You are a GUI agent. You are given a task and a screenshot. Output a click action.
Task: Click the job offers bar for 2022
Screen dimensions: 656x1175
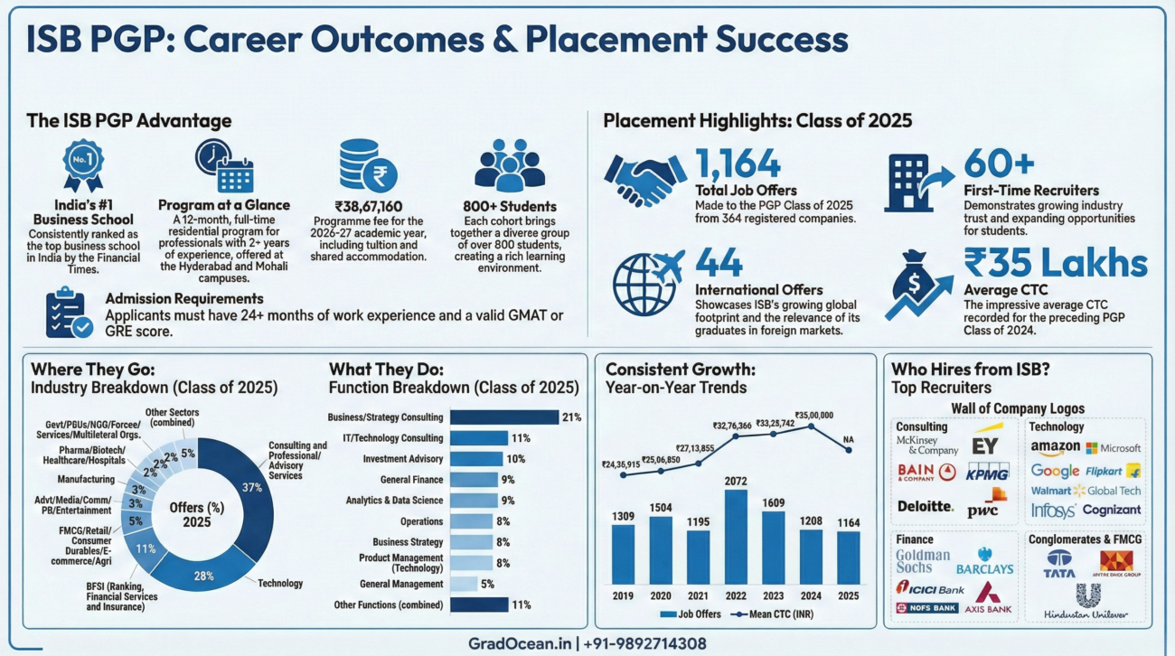tap(736, 537)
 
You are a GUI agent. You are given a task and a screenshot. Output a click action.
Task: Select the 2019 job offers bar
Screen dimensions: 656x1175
tap(624, 554)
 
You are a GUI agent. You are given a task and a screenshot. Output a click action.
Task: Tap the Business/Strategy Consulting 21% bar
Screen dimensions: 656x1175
tap(504, 417)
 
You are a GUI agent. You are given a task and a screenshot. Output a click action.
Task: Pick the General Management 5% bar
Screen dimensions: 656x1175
tap(463, 584)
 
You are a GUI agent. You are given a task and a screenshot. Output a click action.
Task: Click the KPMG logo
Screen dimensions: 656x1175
tap(987, 472)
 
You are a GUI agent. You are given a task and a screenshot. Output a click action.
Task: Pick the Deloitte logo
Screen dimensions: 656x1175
tap(926, 506)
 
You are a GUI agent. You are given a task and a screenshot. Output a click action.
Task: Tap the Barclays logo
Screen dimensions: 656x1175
tap(984, 563)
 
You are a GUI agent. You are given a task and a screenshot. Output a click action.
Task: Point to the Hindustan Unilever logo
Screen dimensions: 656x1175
tap(1086, 604)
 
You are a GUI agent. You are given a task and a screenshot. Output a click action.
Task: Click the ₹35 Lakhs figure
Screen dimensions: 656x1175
tap(1056, 264)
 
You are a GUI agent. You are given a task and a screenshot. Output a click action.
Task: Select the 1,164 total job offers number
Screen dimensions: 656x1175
tap(738, 164)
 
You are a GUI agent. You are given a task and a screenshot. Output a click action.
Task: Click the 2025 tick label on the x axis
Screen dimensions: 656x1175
tap(847, 596)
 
